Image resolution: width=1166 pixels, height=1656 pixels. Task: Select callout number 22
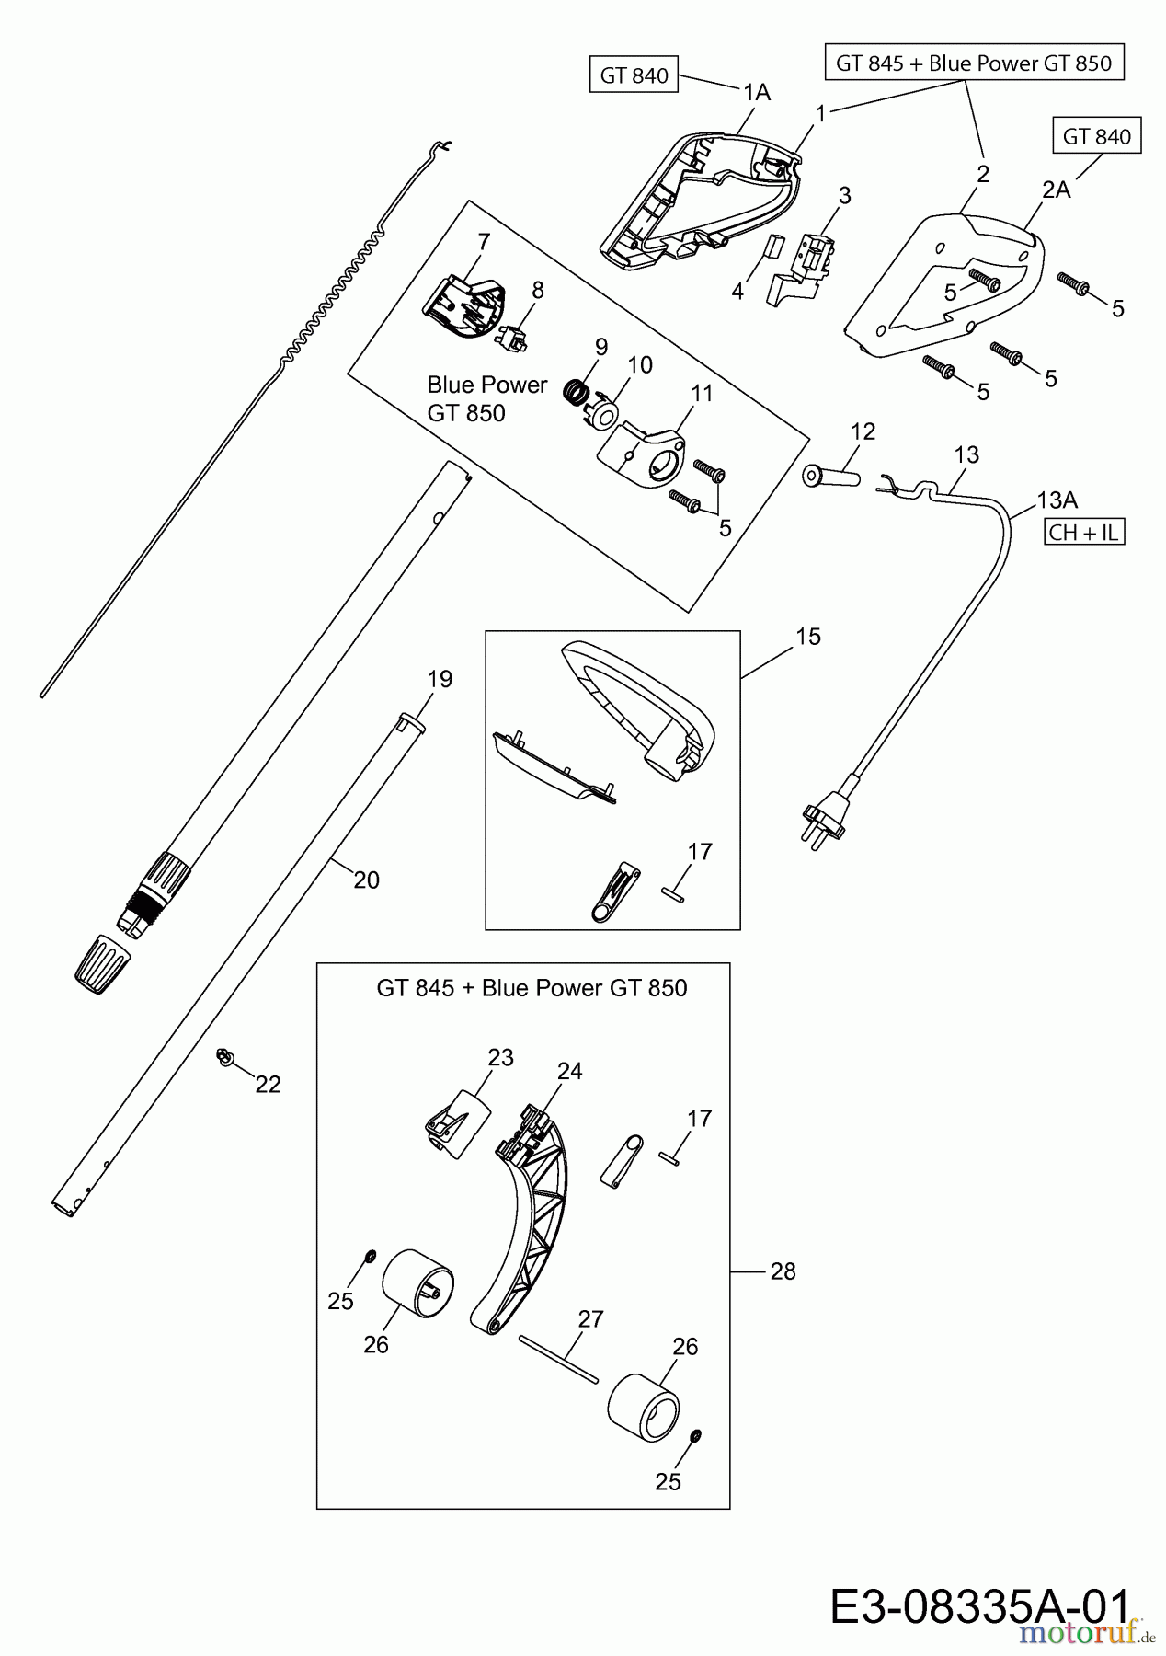tap(268, 1085)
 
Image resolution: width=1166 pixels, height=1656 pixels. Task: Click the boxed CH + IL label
tap(1084, 533)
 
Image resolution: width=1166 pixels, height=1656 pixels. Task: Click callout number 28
tap(783, 1271)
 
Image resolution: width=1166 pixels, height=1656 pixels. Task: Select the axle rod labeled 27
tap(558, 1358)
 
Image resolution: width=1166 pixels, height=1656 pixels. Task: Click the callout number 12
tap(863, 431)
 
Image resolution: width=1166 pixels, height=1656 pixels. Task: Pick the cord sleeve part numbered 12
tap(830, 477)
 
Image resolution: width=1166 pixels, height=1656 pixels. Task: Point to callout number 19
tap(440, 679)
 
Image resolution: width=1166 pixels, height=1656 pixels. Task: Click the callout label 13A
tap(1057, 500)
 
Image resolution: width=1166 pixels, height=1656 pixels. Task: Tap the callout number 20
tap(366, 880)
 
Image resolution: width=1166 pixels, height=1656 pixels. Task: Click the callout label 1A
tap(757, 92)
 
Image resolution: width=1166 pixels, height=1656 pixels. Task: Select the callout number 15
tap(807, 637)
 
